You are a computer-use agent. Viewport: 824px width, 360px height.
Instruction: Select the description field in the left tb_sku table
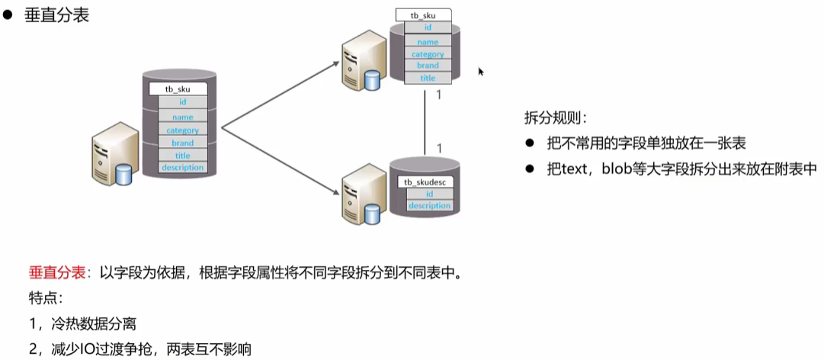pyautogui.click(x=182, y=167)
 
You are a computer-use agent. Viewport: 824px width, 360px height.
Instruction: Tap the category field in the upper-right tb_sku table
pyautogui.click(x=428, y=54)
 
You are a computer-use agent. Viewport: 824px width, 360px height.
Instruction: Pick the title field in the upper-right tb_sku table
pyautogui.click(x=428, y=78)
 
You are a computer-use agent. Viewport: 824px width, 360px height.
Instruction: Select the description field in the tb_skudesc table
pyautogui.click(x=429, y=206)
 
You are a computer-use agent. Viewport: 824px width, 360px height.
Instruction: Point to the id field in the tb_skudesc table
pyautogui.click(x=429, y=194)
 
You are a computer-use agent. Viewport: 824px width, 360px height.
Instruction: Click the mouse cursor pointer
pyautogui.click(x=481, y=72)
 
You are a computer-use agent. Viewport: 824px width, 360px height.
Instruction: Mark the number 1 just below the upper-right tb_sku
pyautogui.click(x=438, y=95)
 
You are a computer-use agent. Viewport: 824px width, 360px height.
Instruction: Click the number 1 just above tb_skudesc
pyautogui.click(x=438, y=147)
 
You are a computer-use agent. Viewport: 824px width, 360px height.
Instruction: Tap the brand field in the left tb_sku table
pyautogui.click(x=182, y=143)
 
